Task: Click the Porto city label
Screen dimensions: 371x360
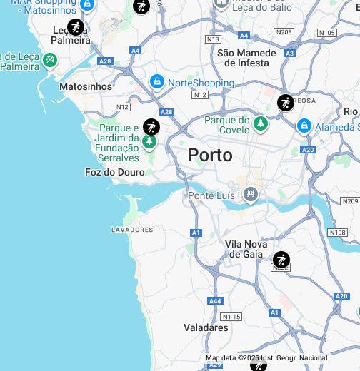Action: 210,155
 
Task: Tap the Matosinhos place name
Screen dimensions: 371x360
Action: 86,86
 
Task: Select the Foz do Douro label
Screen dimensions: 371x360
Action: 114,172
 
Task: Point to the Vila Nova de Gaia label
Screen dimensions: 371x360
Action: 246,249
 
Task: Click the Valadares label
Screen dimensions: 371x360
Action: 206,327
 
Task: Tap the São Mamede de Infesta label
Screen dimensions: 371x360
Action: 246,58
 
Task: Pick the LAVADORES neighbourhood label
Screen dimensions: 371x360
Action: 132,230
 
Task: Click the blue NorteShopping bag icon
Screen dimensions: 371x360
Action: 157,83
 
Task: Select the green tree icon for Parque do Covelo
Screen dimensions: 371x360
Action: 261,125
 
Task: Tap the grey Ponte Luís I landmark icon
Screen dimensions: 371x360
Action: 250,194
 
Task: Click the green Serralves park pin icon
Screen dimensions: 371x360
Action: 149,141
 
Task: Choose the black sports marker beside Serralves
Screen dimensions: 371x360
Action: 151,127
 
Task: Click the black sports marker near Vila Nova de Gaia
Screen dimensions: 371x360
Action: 281,259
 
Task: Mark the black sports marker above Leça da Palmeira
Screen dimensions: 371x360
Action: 75,28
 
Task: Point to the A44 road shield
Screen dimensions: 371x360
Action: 215,301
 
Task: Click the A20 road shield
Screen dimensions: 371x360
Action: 308,149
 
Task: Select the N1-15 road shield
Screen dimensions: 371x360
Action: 231,316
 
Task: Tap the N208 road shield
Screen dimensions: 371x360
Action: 284,32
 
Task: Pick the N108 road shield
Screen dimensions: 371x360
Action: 337,233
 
